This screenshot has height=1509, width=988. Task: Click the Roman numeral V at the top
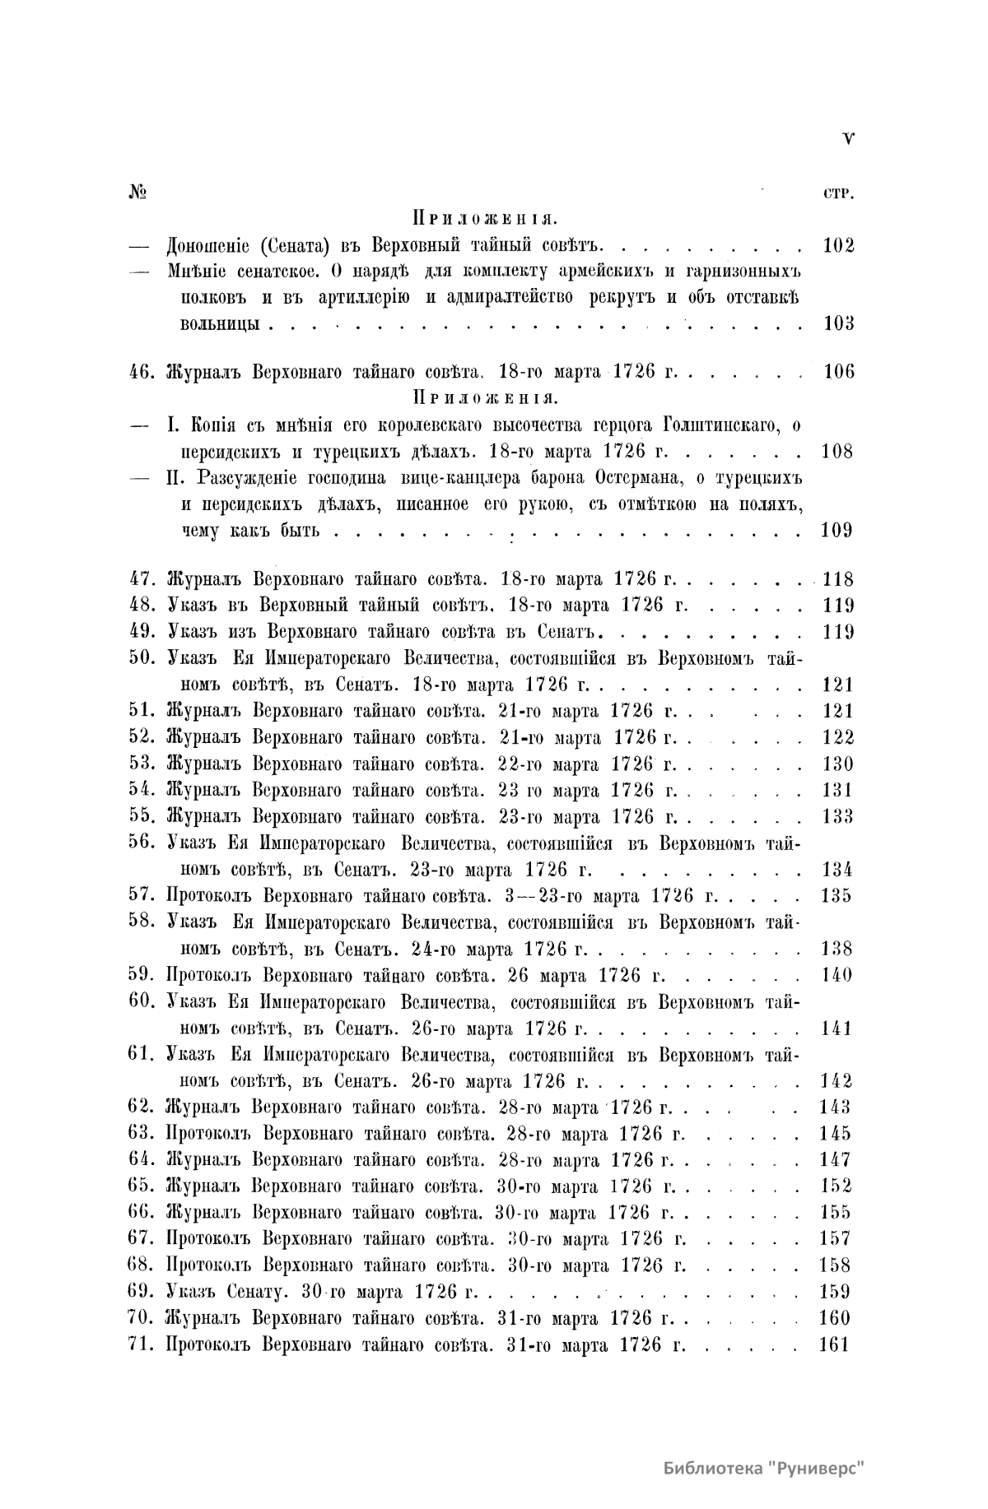848,139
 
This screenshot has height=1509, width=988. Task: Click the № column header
137,193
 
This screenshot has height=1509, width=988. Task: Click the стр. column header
838,195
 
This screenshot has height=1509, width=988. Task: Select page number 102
838,245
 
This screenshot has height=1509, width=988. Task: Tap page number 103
838,323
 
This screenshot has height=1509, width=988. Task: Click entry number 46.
144,371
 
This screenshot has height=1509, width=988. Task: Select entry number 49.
144,632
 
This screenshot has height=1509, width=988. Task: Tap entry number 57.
144,895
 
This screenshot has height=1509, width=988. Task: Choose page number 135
836,896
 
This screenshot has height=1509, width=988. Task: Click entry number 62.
144,1107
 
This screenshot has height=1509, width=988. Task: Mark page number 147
836,1159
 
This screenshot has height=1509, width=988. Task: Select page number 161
835,1344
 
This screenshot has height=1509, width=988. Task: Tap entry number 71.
144,1344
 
